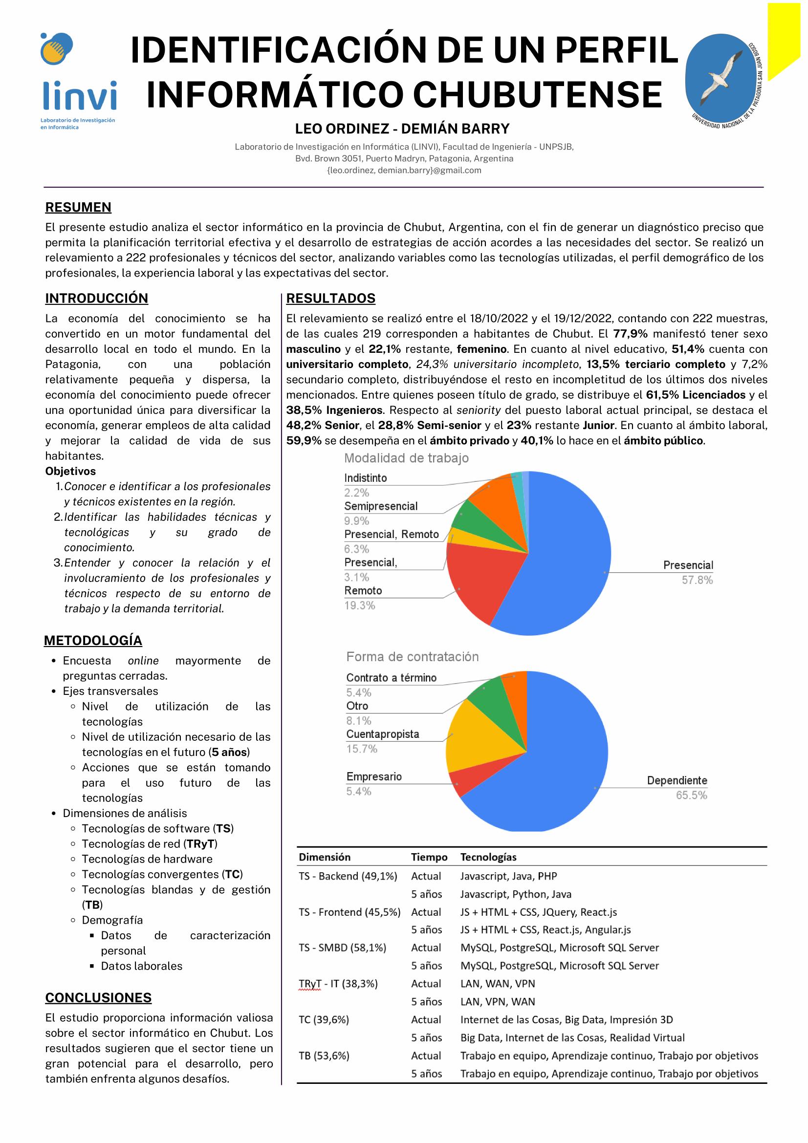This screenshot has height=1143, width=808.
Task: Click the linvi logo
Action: coord(78,80)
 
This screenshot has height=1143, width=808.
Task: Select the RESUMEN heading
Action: coord(78,207)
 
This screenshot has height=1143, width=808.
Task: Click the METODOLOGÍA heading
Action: coord(93,640)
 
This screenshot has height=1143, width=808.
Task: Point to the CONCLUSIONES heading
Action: coord(99,998)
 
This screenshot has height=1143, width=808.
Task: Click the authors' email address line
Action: coord(404,170)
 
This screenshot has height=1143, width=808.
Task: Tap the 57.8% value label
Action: coord(697,580)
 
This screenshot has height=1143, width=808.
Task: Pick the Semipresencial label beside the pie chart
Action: coord(381,506)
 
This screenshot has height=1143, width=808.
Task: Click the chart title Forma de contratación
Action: coord(412,657)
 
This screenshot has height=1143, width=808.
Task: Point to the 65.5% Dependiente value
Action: coord(691,795)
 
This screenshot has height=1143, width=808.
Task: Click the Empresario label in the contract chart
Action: coord(374,776)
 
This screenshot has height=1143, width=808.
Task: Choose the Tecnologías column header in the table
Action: coord(488,857)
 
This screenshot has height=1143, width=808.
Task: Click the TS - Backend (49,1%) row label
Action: coord(348,876)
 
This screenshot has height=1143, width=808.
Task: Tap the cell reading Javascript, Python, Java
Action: coord(515,894)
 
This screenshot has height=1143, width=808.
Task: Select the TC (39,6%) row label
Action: coord(324,1019)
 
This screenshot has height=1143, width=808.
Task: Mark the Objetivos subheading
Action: coord(70,471)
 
